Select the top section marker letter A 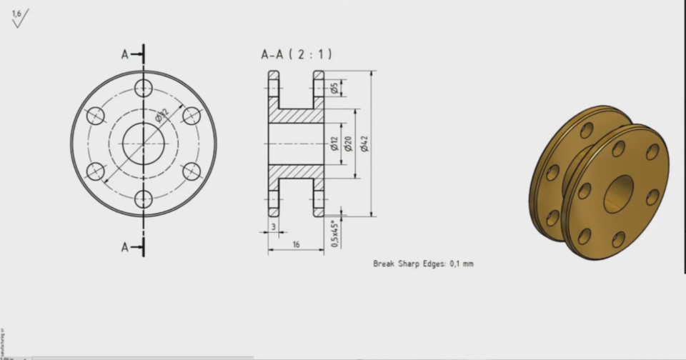pos(125,54)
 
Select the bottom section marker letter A pos(125,247)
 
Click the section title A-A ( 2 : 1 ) pos(296,54)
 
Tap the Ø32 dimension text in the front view pos(161,114)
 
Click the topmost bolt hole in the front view pos(144,88)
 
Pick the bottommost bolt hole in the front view pos(144,199)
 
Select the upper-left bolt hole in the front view pos(96,116)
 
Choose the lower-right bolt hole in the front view pos(192,171)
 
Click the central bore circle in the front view pos(144,144)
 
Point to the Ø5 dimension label pos(334,88)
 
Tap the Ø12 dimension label pos(334,144)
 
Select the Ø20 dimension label pos(349,144)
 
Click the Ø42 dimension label pos(364,144)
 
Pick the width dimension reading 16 pos(296,244)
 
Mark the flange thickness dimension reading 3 pos(274,226)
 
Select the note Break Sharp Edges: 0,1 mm pos(423,264)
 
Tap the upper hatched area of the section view pos(296,115)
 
